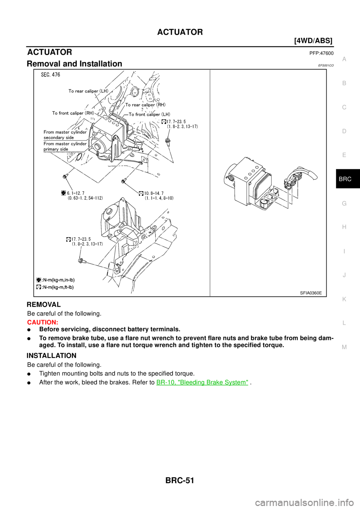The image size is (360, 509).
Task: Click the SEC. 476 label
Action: pyautogui.click(x=50, y=75)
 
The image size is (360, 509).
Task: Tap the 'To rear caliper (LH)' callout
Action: pyautogui.click(x=88, y=91)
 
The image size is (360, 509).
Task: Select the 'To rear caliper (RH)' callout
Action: pyautogui.click(x=145, y=105)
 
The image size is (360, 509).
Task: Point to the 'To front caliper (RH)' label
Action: pyautogui.click(x=73, y=113)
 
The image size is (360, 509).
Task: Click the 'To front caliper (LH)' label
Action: pyautogui.click(x=149, y=114)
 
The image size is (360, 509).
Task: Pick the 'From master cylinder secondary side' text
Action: pyautogui.click(x=65, y=135)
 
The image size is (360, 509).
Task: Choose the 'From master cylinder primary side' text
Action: pyautogui.click(x=65, y=146)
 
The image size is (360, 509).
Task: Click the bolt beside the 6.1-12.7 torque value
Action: pyautogui.click(x=66, y=176)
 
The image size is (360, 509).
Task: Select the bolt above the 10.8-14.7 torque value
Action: pyautogui.click(x=123, y=181)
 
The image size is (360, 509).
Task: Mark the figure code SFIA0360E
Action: pyautogui.click(x=310, y=293)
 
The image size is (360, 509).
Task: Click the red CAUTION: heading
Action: pyautogui.click(x=42, y=322)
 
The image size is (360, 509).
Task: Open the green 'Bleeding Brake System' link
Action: pyautogui.click(x=202, y=382)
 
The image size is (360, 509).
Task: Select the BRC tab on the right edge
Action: pyautogui.click(x=345, y=179)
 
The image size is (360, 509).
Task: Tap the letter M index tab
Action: pyautogui.click(x=344, y=347)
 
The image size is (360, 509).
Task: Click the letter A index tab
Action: pyautogui.click(x=344, y=59)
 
